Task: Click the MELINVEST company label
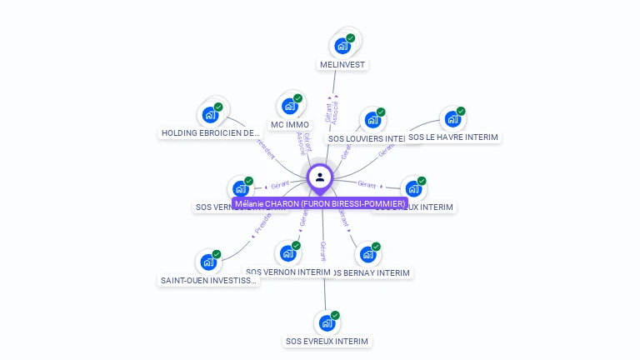pyautogui.click(x=342, y=64)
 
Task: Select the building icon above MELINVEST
pyautogui.click(x=342, y=46)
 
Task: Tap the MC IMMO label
pyautogui.click(x=290, y=125)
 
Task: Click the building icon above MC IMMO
pyautogui.click(x=289, y=107)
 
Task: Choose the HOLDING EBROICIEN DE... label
pyautogui.click(x=211, y=132)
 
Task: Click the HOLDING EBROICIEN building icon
pyautogui.click(x=209, y=115)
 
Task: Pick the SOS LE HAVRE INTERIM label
pyautogui.click(x=452, y=137)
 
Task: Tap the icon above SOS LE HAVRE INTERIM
pyautogui.click(x=452, y=119)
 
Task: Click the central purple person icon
pyautogui.click(x=320, y=177)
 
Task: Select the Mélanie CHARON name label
pyautogui.click(x=320, y=203)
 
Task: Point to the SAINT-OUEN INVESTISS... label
pyautogui.click(x=209, y=281)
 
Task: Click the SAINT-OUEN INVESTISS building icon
pyautogui.click(x=208, y=262)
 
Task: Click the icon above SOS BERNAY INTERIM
pyautogui.click(x=367, y=254)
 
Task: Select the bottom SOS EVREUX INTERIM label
pyautogui.click(x=327, y=341)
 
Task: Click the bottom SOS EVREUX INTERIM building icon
pyautogui.click(x=327, y=322)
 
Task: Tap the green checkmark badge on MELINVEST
pyautogui.click(x=351, y=38)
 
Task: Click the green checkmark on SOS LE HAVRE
pyautogui.click(x=461, y=112)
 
